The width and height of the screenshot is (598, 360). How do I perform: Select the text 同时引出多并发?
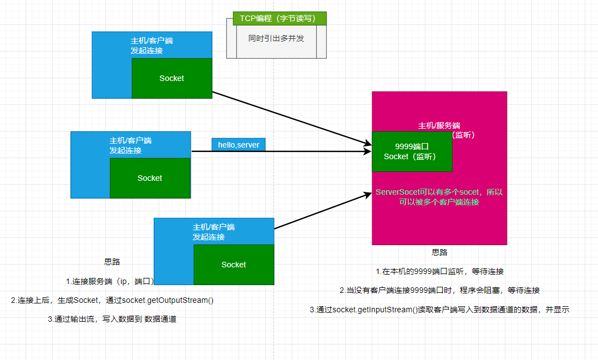[276, 39]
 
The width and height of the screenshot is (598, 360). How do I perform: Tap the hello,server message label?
[239, 144]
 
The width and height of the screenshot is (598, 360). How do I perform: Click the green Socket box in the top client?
[171, 78]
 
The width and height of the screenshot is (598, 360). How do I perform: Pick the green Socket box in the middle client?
[150, 178]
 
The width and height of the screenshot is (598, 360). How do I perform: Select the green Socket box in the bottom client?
[234, 265]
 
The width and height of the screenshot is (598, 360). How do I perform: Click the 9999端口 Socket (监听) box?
[412, 151]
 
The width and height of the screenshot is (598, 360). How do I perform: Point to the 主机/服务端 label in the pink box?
[439, 125]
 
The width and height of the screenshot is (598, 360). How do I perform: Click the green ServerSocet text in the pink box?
[439, 197]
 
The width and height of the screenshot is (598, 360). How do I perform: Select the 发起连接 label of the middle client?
[125, 150]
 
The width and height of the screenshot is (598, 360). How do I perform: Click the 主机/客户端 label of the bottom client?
[214, 227]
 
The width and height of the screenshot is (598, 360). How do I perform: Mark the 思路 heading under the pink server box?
[439, 252]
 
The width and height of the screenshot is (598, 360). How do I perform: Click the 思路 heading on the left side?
[112, 262]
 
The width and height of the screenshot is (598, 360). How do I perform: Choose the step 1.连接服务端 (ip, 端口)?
[110, 281]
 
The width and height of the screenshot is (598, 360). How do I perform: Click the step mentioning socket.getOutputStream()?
[112, 300]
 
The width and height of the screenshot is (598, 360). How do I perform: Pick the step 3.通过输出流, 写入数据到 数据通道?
[112, 320]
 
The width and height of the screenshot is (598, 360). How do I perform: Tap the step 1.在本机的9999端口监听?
[439, 271]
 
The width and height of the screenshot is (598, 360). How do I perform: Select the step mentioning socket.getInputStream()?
[439, 310]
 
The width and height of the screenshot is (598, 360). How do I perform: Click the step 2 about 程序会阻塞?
[439, 290]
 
